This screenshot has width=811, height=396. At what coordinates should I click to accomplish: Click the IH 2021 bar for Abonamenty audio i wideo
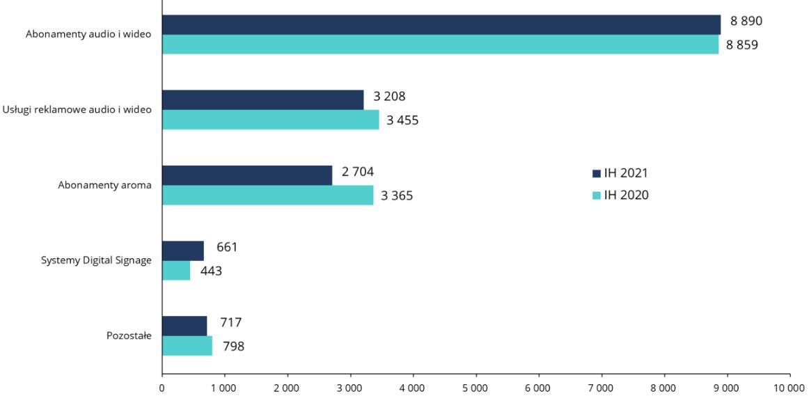point(441,24)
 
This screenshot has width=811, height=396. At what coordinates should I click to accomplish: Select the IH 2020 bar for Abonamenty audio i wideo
point(440,45)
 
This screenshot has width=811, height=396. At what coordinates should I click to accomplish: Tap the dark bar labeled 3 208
point(262,100)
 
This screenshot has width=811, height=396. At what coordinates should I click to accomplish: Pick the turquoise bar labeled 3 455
point(270,120)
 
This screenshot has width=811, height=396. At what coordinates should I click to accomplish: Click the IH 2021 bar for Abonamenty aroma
point(247,175)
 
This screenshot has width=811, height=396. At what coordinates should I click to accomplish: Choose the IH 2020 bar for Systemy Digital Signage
point(176,271)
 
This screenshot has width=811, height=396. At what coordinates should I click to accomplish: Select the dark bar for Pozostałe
point(184,326)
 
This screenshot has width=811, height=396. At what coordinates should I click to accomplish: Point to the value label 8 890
point(746,21)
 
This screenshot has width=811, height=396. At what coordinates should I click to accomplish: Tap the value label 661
point(227,247)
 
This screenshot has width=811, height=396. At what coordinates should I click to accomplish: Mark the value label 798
point(233,346)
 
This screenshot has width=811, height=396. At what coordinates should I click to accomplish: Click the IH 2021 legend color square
point(596,173)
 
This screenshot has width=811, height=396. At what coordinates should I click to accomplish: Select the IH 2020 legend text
point(626,195)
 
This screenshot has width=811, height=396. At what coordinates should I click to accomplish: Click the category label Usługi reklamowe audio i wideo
point(77,109)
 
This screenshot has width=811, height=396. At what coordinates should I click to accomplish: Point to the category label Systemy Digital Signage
point(95,260)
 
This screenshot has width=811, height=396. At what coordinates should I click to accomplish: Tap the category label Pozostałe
point(129,335)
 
